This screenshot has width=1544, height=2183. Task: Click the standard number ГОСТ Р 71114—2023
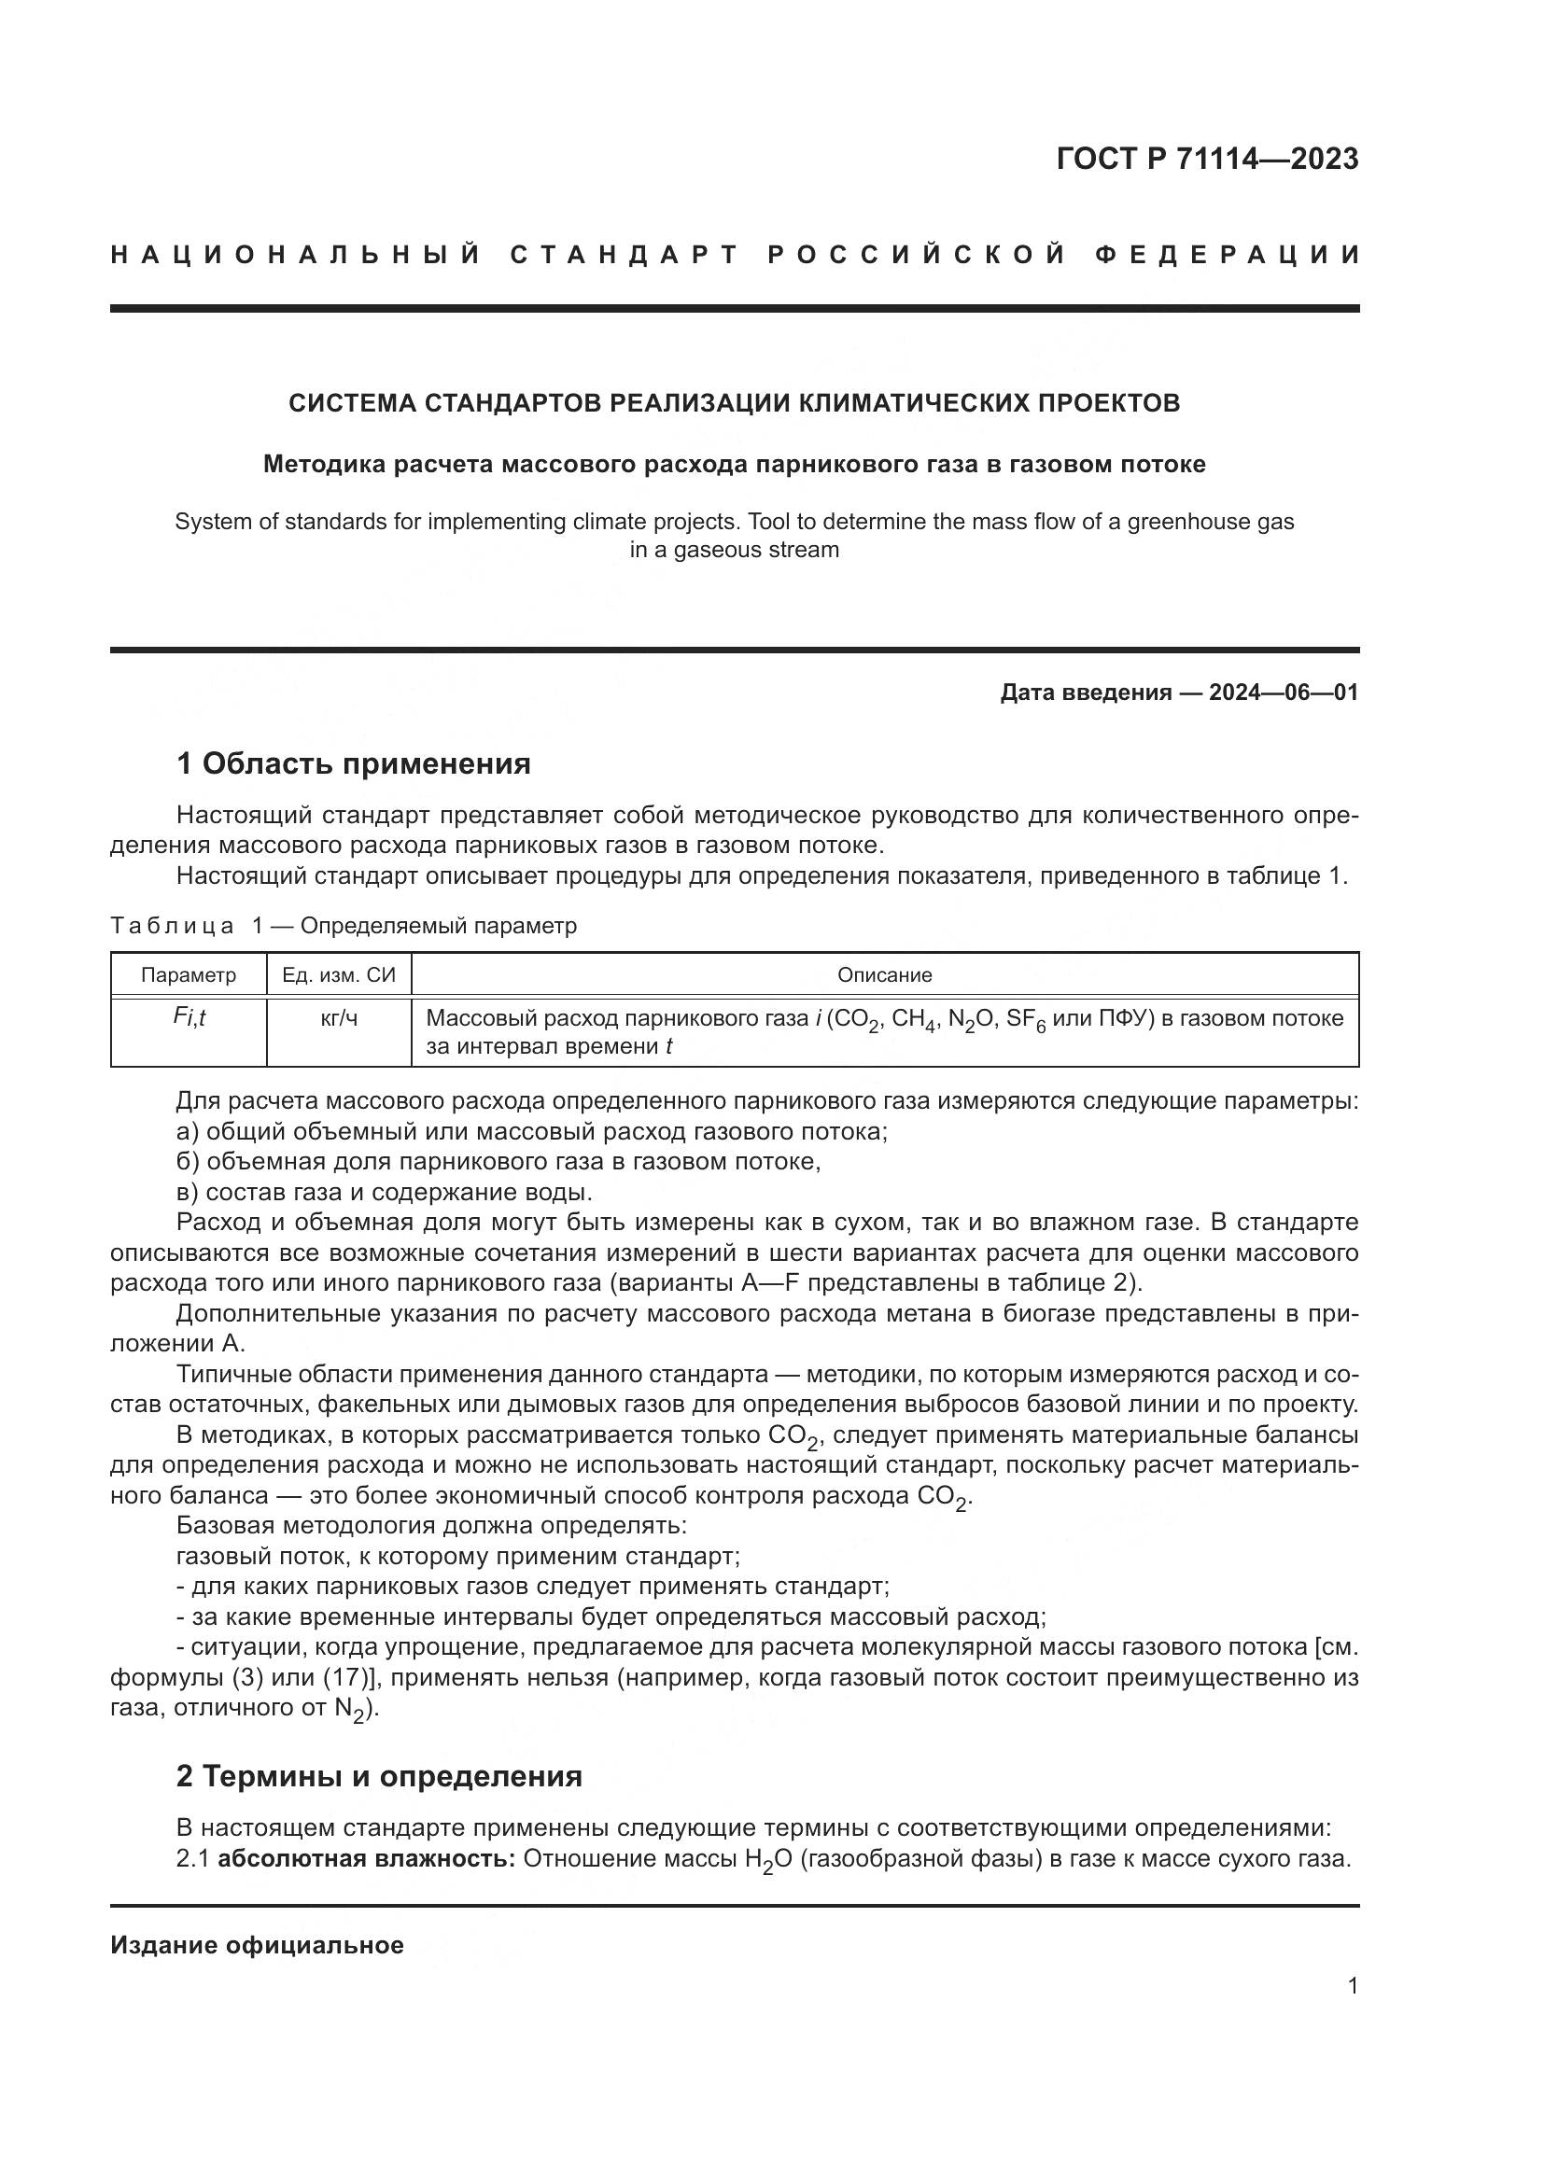click(x=1206, y=159)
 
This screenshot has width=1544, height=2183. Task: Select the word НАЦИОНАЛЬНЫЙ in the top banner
click(x=296, y=255)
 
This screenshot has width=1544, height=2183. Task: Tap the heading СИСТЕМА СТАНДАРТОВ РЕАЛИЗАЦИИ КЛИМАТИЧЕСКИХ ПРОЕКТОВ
click(x=734, y=403)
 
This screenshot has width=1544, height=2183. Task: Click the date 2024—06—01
click(x=1284, y=693)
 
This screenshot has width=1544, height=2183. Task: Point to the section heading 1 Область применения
click(x=353, y=763)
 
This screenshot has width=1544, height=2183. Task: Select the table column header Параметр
click(x=189, y=974)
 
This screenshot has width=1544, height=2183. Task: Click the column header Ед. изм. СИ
click(x=339, y=974)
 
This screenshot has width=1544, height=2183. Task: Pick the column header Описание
click(x=884, y=974)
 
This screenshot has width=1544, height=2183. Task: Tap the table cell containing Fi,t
click(x=189, y=1017)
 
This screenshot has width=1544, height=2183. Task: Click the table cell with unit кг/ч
click(x=339, y=1018)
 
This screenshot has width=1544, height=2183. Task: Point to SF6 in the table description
click(x=1026, y=1019)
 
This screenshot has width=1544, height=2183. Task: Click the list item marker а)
click(x=188, y=1131)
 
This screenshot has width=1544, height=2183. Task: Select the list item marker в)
click(x=188, y=1192)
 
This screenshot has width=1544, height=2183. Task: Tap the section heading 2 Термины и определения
click(x=378, y=1776)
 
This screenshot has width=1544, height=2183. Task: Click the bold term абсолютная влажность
click(x=366, y=1859)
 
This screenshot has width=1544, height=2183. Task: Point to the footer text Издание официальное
click(x=257, y=1945)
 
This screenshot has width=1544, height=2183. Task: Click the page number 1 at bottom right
click(x=1353, y=1985)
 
